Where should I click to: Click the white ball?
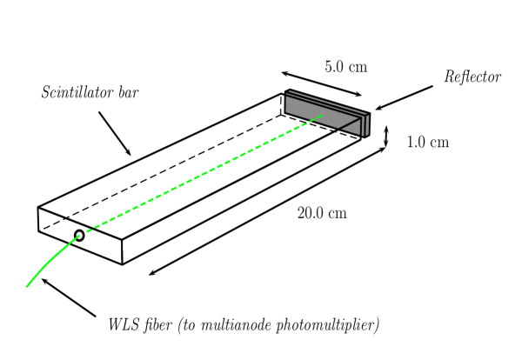click(x=79, y=235)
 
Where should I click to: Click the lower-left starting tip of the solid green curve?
click(x=27, y=286)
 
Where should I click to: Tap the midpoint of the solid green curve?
click(x=50, y=258)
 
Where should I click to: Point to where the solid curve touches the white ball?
click(x=77, y=237)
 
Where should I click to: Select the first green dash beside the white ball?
click(x=89, y=230)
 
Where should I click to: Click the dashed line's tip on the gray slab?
click(x=322, y=116)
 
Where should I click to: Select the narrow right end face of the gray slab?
click(x=366, y=125)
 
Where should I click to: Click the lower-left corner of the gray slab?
click(x=286, y=111)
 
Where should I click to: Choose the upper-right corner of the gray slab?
click(x=368, y=114)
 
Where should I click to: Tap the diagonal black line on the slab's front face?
click(x=349, y=124)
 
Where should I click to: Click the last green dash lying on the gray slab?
click(x=318, y=117)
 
